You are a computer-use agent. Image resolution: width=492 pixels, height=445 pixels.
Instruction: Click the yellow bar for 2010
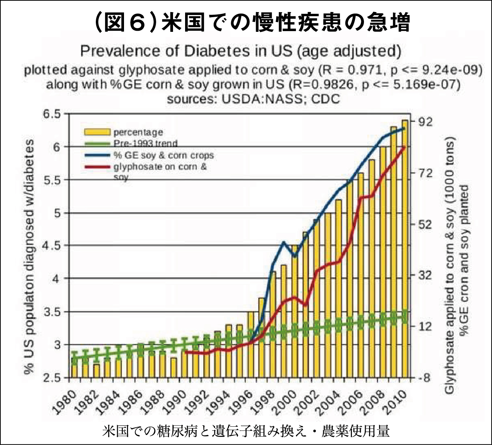point(405,249)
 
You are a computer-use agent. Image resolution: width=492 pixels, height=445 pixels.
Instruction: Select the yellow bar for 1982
point(97,370)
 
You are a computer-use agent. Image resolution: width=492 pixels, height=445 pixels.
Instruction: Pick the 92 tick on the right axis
point(425,121)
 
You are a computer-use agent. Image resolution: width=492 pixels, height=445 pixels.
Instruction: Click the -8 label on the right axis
point(424,378)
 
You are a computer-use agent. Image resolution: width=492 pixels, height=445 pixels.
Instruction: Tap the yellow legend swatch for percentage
point(97,132)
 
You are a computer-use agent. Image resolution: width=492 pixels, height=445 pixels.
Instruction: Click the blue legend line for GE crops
point(97,155)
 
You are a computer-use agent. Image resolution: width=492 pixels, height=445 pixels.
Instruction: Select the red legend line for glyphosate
point(97,167)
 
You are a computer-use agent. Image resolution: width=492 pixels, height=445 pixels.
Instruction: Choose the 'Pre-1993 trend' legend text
point(145,143)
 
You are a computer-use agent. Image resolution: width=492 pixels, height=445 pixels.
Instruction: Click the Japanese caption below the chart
point(246,431)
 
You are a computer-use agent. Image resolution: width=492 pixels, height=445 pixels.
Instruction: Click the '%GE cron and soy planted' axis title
point(464,260)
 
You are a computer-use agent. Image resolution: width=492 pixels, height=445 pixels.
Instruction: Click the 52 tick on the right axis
point(425,224)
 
